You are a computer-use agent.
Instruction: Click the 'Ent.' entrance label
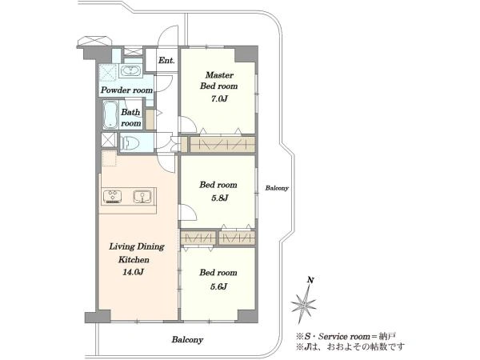pos(166,61)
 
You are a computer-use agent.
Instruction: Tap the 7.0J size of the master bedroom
pos(218,99)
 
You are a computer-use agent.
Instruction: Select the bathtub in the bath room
pos(110,114)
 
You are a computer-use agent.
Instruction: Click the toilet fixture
pos(130,142)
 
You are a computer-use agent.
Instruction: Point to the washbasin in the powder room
pos(131,71)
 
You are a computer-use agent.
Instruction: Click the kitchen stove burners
pos(112,197)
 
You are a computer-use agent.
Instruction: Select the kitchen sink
pos(142,197)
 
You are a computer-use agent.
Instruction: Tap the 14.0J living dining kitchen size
pos(133,272)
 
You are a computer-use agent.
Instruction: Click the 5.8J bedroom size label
pos(219,198)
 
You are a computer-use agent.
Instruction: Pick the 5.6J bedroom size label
pos(218,286)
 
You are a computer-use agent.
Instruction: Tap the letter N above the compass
pos(310,280)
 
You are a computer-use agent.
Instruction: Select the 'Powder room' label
pos(126,90)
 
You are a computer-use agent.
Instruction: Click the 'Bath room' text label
pos(130,118)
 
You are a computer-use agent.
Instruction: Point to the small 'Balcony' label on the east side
pos(277,188)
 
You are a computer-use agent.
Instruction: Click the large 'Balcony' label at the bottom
pos(187,339)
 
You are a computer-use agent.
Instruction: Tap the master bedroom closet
pos(222,144)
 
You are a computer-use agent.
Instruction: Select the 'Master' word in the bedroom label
pos(219,75)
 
